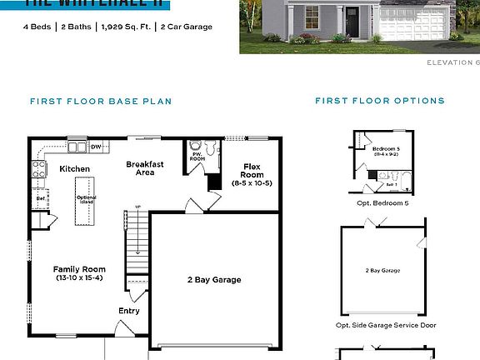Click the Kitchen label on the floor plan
click(x=74, y=169)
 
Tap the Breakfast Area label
click(x=145, y=169)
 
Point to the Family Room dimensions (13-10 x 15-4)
click(x=79, y=277)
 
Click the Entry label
click(x=129, y=311)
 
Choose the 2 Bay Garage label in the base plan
click(x=213, y=280)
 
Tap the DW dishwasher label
click(x=96, y=147)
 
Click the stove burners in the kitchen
click(x=38, y=170)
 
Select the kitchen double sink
click(x=77, y=147)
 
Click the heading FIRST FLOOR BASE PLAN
click(x=100, y=101)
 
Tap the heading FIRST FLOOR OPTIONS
click(x=379, y=101)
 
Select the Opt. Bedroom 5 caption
click(x=382, y=202)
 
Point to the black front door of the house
click(x=352, y=22)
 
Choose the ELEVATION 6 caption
click(x=452, y=62)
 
